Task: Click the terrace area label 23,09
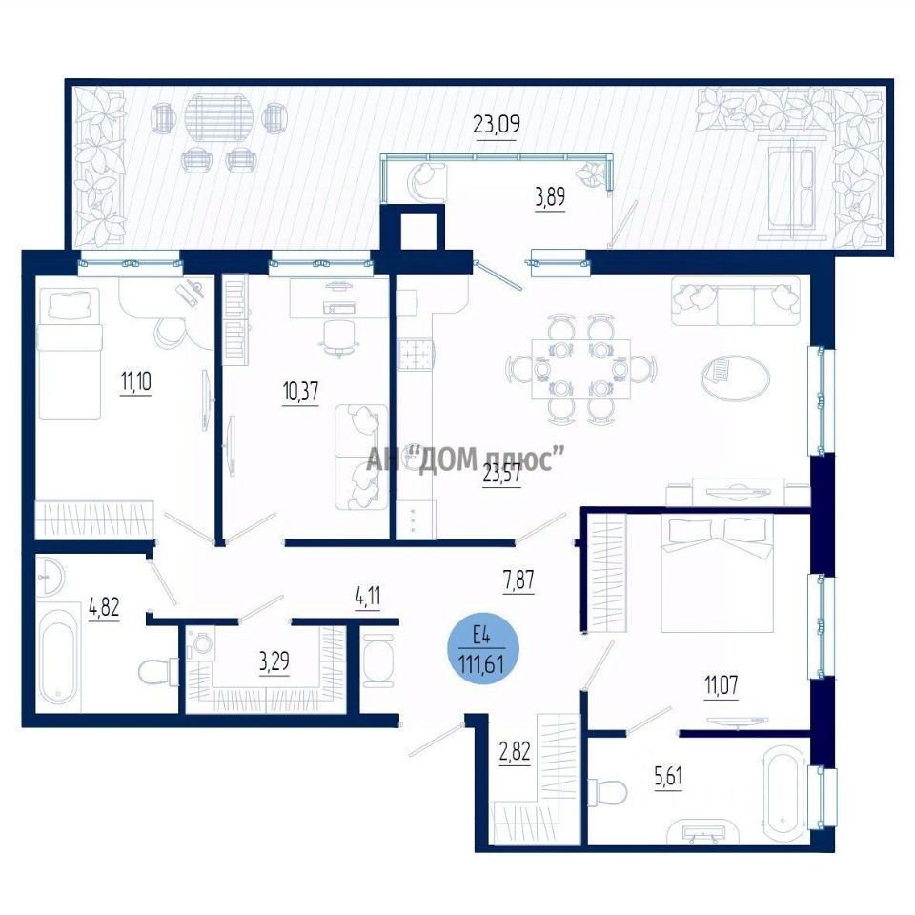(x=496, y=124)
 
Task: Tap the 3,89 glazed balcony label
(x=550, y=197)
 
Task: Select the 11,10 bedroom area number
(x=136, y=382)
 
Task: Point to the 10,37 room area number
(x=300, y=392)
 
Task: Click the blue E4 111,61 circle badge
(x=481, y=649)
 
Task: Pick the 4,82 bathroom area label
(x=104, y=607)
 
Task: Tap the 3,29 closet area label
(x=274, y=662)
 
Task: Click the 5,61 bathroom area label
(x=668, y=777)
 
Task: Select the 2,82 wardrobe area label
(x=515, y=752)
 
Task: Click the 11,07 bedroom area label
(x=722, y=685)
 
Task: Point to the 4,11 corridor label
(x=368, y=597)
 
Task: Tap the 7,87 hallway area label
(x=518, y=580)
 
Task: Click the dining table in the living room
(x=581, y=369)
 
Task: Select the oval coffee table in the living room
(x=735, y=377)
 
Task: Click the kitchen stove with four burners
(x=417, y=354)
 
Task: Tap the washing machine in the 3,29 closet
(x=200, y=643)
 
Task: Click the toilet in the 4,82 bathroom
(x=158, y=672)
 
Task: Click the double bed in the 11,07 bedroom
(x=717, y=573)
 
